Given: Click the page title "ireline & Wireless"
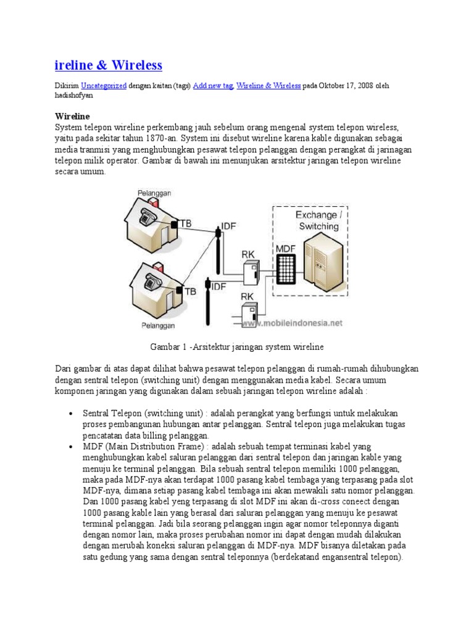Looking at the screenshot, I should tap(109, 65).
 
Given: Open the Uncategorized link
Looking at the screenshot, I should tap(104, 86).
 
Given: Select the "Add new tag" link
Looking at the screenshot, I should tap(212, 86).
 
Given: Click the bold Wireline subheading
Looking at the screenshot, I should tap(73, 116).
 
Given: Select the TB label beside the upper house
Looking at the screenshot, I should tap(185, 224).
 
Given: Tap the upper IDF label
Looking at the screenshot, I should tap(228, 227).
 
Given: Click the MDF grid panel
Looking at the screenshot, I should tap(285, 269).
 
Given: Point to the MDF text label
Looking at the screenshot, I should tap(285, 247).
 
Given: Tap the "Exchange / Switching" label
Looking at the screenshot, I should tap(317, 220).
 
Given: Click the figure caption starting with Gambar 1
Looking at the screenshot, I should tap(237, 347).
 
